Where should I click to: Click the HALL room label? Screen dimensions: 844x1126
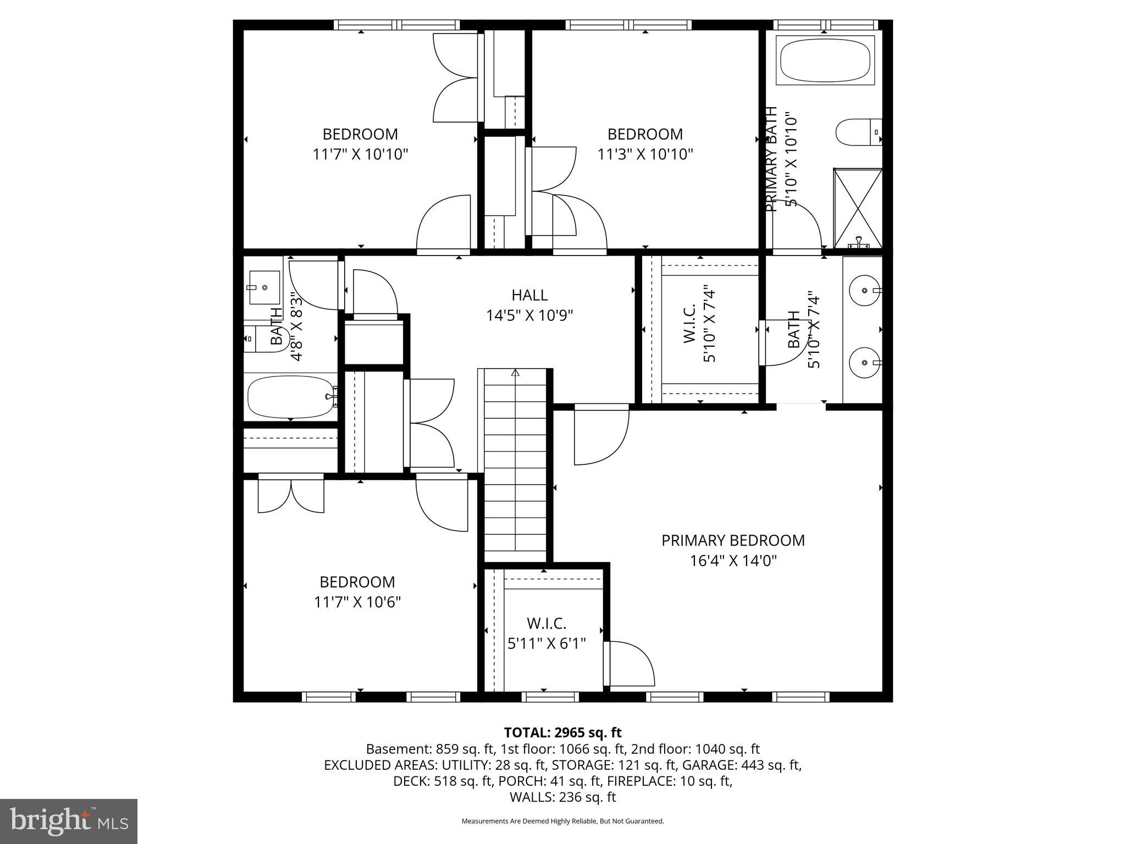529,295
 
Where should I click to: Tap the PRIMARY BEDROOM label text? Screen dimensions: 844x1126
733,541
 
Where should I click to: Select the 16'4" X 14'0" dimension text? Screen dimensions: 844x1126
733,561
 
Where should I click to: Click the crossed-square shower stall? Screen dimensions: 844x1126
858,208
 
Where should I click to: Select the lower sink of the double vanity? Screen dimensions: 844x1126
864,363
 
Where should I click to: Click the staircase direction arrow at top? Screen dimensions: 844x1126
515,373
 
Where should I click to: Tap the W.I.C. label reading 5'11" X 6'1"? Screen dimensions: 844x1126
547,633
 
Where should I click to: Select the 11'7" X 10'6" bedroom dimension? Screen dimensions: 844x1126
357,602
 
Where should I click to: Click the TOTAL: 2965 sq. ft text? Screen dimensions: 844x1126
562,732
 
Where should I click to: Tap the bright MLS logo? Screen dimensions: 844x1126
69,821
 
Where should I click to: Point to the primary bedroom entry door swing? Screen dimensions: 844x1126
600,437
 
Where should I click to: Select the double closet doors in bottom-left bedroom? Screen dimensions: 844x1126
291,495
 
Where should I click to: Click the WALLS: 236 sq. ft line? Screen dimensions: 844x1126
562,797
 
